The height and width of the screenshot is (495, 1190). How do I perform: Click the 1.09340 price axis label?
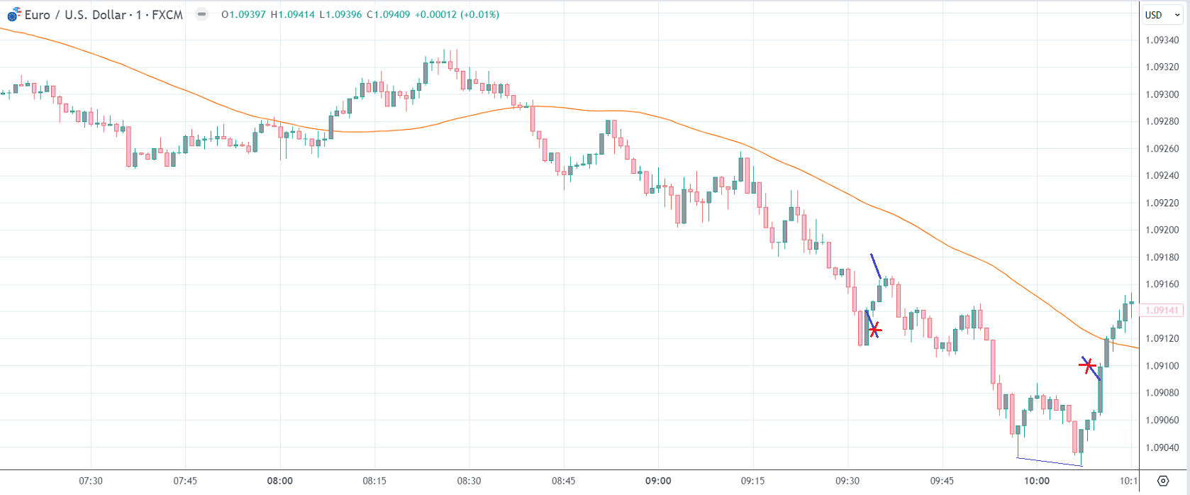(1162, 40)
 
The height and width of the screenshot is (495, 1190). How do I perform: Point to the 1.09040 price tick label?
(1162, 447)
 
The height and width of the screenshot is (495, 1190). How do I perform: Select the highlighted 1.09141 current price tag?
(1162, 311)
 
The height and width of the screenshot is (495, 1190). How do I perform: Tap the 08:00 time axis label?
(280, 481)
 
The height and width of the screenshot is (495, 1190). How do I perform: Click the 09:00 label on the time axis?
(658, 481)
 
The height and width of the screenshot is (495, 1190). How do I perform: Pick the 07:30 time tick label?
(91, 481)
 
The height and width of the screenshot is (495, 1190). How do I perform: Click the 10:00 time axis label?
(1036, 481)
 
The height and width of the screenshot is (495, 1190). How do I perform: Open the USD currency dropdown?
(1162, 15)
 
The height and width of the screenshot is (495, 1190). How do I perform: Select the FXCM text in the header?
(167, 15)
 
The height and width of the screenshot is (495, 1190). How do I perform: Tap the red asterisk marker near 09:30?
(875, 330)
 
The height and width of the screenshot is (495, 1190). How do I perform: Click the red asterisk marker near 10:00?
(1087, 366)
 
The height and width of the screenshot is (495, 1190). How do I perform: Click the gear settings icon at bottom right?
(1162, 481)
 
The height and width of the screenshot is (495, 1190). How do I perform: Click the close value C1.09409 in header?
(388, 15)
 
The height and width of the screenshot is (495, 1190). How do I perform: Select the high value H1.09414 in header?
(292, 15)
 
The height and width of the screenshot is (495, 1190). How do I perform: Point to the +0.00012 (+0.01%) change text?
(457, 15)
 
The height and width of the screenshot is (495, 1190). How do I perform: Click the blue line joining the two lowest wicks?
(1050, 462)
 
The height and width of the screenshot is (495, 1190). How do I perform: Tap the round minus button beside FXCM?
(202, 14)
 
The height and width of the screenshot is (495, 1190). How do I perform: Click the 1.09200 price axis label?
(1162, 230)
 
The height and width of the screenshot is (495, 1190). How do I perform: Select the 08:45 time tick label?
(564, 481)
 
